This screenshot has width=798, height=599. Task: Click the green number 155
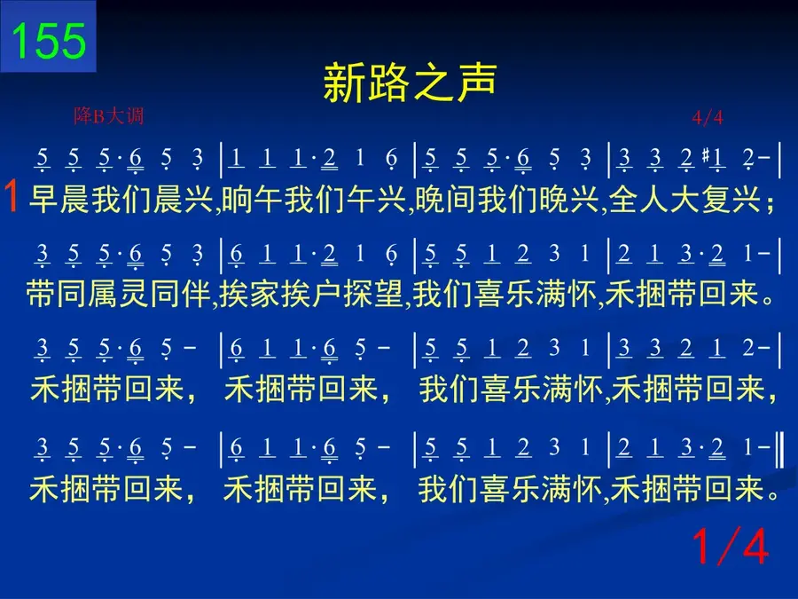click(x=49, y=41)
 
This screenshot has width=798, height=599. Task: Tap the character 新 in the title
click(x=344, y=82)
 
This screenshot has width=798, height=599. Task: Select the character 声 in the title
click(x=476, y=82)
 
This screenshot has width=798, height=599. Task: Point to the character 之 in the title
click(x=433, y=82)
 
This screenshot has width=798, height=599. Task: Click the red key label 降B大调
click(x=109, y=116)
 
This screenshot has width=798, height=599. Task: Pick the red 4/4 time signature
click(x=708, y=118)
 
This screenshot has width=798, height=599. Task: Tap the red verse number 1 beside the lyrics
click(x=12, y=197)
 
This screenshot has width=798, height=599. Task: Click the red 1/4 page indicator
click(x=731, y=546)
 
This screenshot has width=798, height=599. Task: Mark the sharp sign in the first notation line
click(x=706, y=154)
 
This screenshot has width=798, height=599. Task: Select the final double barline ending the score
click(x=778, y=448)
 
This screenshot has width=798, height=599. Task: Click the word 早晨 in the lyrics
click(x=59, y=199)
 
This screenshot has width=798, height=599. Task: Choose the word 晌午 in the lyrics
click(x=253, y=199)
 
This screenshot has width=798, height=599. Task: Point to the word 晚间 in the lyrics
click(x=446, y=199)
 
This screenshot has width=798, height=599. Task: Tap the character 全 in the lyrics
click(x=624, y=199)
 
